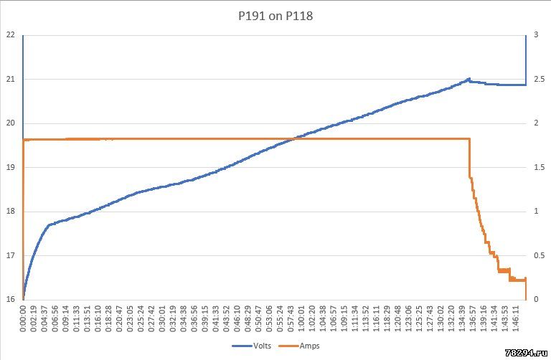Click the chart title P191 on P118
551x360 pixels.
point(275,15)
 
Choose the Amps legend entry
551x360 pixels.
point(309,346)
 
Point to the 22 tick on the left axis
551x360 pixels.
point(11,34)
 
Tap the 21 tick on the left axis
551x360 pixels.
point(11,79)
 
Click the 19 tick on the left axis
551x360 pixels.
point(11,167)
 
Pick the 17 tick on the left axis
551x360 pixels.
point(11,255)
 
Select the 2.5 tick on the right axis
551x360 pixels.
point(536,79)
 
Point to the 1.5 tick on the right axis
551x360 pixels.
point(536,167)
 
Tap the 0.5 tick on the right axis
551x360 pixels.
point(536,255)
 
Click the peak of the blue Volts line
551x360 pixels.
point(468,79)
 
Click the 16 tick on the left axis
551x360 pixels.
point(11,299)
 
